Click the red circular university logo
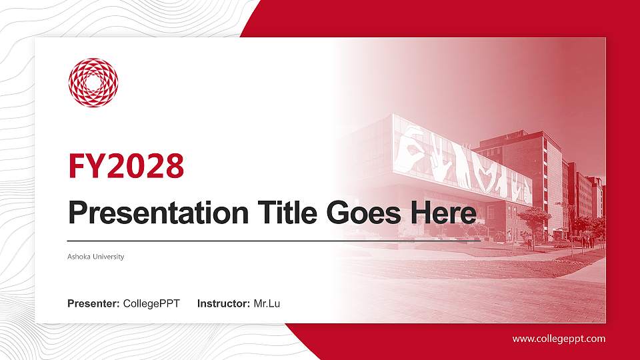(x=93, y=83)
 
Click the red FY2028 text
(x=126, y=167)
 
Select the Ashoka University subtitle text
(x=96, y=257)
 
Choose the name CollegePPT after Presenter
(x=151, y=304)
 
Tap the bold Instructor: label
(x=224, y=304)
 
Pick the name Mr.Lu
(x=267, y=304)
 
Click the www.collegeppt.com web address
(x=559, y=339)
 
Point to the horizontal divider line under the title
(x=267, y=240)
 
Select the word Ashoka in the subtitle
(x=79, y=257)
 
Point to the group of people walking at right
(x=587, y=241)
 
